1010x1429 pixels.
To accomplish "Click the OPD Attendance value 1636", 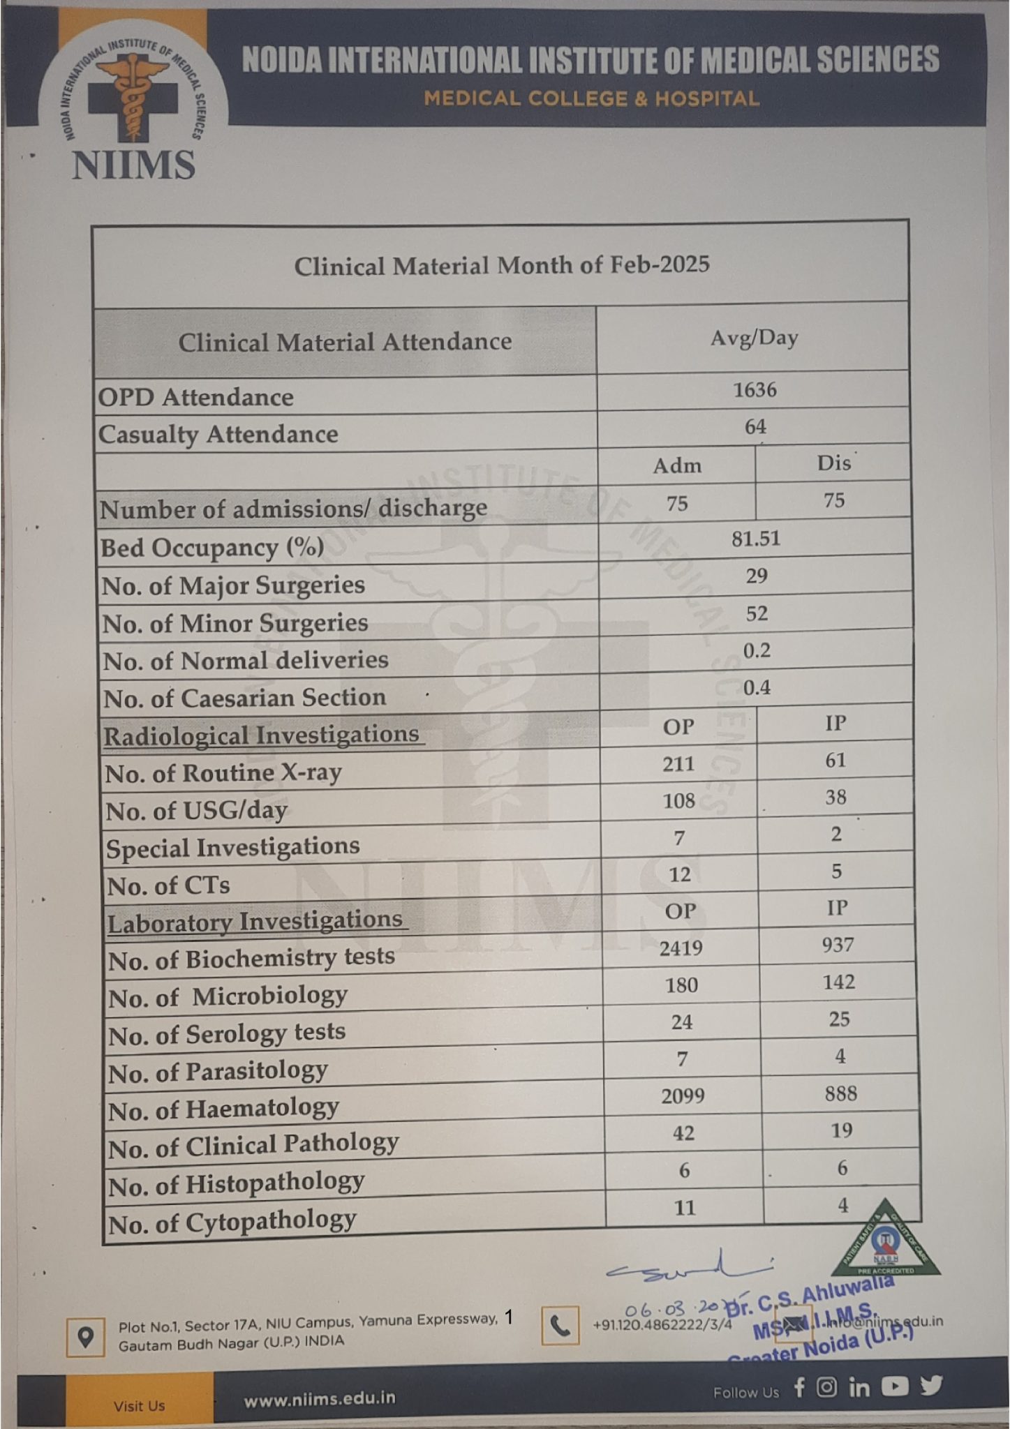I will tap(755, 390).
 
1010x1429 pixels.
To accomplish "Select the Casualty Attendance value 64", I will tap(755, 427).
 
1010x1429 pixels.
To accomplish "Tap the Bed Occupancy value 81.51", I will tap(756, 539).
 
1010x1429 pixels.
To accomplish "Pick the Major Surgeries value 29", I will tap(757, 576).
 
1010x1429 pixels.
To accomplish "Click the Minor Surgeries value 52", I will tap(757, 614).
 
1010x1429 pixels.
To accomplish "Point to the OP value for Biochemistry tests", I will tap(681, 948).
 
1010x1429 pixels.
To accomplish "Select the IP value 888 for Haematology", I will tap(840, 1093).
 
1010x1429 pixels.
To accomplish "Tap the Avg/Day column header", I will tap(754, 338).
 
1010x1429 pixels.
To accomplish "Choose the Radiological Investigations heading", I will tap(262, 735).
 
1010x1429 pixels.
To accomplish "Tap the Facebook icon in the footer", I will tap(799, 1387).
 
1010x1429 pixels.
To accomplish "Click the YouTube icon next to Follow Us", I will tap(895, 1386).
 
